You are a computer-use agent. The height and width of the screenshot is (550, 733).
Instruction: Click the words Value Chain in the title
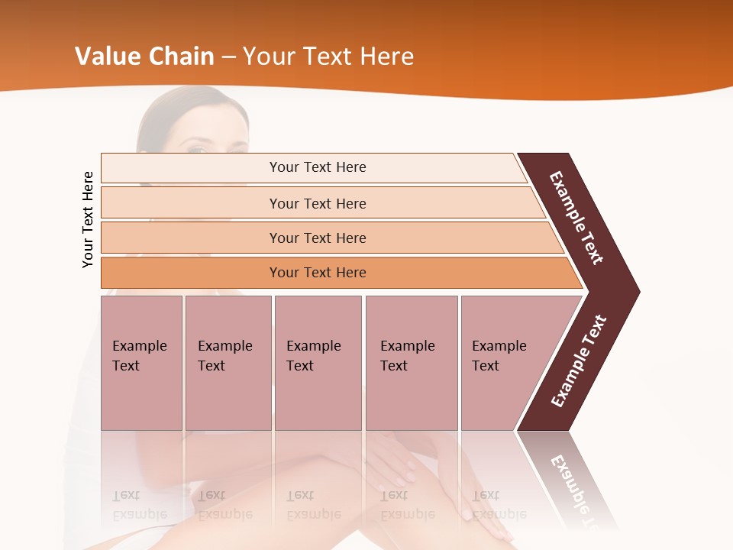tap(144, 57)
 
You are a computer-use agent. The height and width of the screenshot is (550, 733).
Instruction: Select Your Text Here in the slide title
tap(328, 57)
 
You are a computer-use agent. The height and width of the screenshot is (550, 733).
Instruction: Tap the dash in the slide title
tap(228, 57)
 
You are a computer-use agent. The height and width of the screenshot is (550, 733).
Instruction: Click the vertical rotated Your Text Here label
tap(88, 220)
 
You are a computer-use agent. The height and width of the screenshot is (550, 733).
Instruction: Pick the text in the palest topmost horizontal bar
tap(318, 167)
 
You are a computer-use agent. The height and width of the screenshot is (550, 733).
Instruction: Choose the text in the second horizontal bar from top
tap(318, 204)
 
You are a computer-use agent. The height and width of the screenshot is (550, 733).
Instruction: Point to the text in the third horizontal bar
tap(318, 238)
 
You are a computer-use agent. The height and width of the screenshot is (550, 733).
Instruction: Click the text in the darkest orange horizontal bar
tap(318, 273)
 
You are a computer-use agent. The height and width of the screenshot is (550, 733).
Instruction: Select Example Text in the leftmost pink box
tap(139, 356)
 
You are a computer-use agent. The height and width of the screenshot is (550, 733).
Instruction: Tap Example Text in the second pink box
tap(224, 356)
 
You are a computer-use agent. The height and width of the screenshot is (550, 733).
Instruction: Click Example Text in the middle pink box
tap(313, 356)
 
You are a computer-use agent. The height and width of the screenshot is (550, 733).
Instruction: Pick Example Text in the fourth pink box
tap(407, 356)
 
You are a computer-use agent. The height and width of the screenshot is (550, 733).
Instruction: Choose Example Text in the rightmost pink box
tap(499, 356)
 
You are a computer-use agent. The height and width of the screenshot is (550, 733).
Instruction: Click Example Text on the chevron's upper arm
tap(576, 218)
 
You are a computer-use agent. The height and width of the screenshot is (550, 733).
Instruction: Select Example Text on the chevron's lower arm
tap(579, 361)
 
